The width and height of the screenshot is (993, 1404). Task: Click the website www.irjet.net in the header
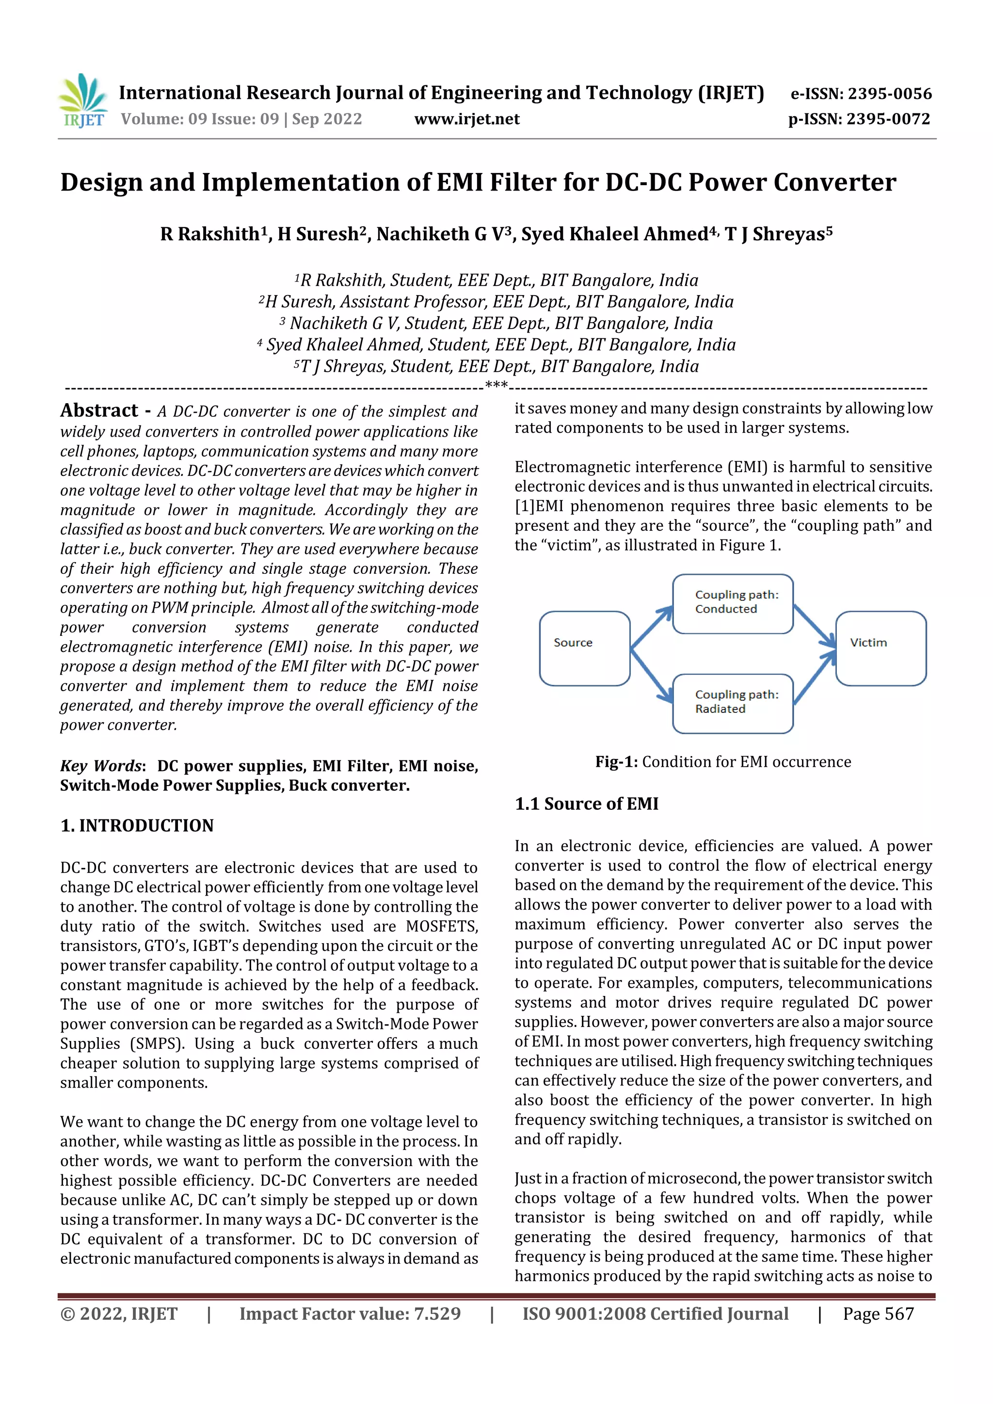[x=467, y=119]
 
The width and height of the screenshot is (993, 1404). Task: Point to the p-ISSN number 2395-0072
[x=888, y=119]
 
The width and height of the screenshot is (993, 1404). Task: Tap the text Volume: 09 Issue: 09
[x=199, y=119]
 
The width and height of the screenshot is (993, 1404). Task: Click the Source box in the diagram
[x=584, y=648]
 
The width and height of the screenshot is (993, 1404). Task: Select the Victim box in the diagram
[x=881, y=648]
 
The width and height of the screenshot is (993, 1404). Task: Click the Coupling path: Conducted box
[x=732, y=603]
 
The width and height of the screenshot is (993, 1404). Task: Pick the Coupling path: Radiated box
[x=732, y=703]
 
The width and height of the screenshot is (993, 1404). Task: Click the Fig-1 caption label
[x=616, y=762]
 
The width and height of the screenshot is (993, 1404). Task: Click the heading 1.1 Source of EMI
[x=586, y=804]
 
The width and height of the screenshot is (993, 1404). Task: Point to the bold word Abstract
[x=99, y=410]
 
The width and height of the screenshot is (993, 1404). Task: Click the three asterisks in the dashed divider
[x=496, y=385]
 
